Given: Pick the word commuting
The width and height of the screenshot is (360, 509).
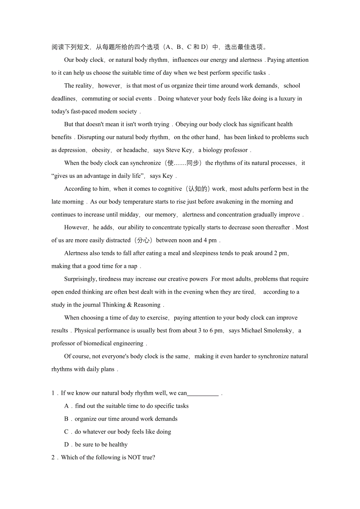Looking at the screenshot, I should [96, 99].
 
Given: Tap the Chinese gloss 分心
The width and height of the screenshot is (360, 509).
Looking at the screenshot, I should [144, 240].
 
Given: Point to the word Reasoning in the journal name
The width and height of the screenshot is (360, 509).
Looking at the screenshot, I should [147, 305].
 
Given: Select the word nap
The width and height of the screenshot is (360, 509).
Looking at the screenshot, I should [133, 266].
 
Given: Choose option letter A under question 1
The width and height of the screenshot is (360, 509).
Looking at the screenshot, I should [67, 406].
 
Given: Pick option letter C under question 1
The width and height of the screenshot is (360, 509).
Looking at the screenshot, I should [67, 432].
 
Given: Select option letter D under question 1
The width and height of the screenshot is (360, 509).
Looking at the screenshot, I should [67, 445].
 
